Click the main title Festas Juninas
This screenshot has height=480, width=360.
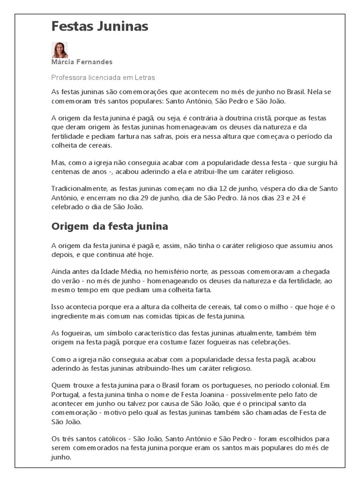tap(100, 27)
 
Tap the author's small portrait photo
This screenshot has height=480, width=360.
tap(60, 50)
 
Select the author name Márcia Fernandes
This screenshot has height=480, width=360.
tap(82, 62)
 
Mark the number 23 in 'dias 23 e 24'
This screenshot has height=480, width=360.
tap(277, 198)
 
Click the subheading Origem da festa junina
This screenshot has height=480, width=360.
tap(110, 226)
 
